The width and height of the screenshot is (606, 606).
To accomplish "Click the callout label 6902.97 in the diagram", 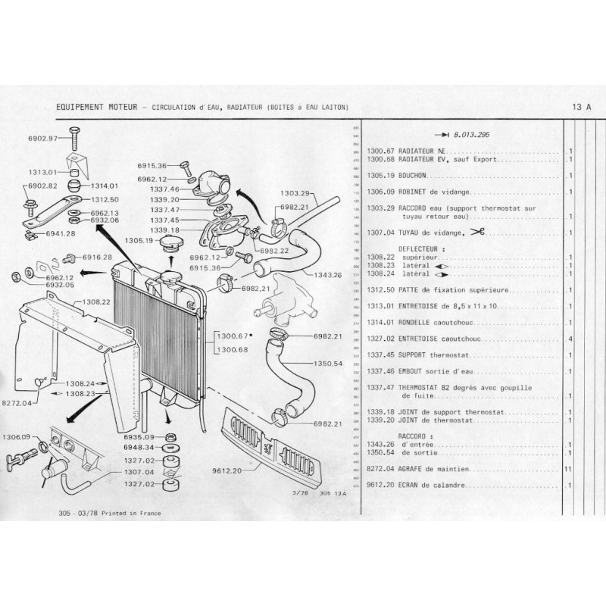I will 42,139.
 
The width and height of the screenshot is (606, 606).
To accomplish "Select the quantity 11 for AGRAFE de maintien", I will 568,469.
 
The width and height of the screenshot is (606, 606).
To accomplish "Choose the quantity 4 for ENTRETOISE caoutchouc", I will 569,339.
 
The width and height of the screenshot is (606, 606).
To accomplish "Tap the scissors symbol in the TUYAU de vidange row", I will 476,232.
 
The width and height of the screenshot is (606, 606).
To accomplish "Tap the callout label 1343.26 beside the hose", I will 326,274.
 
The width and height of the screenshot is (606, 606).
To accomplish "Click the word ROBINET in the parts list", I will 413,191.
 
